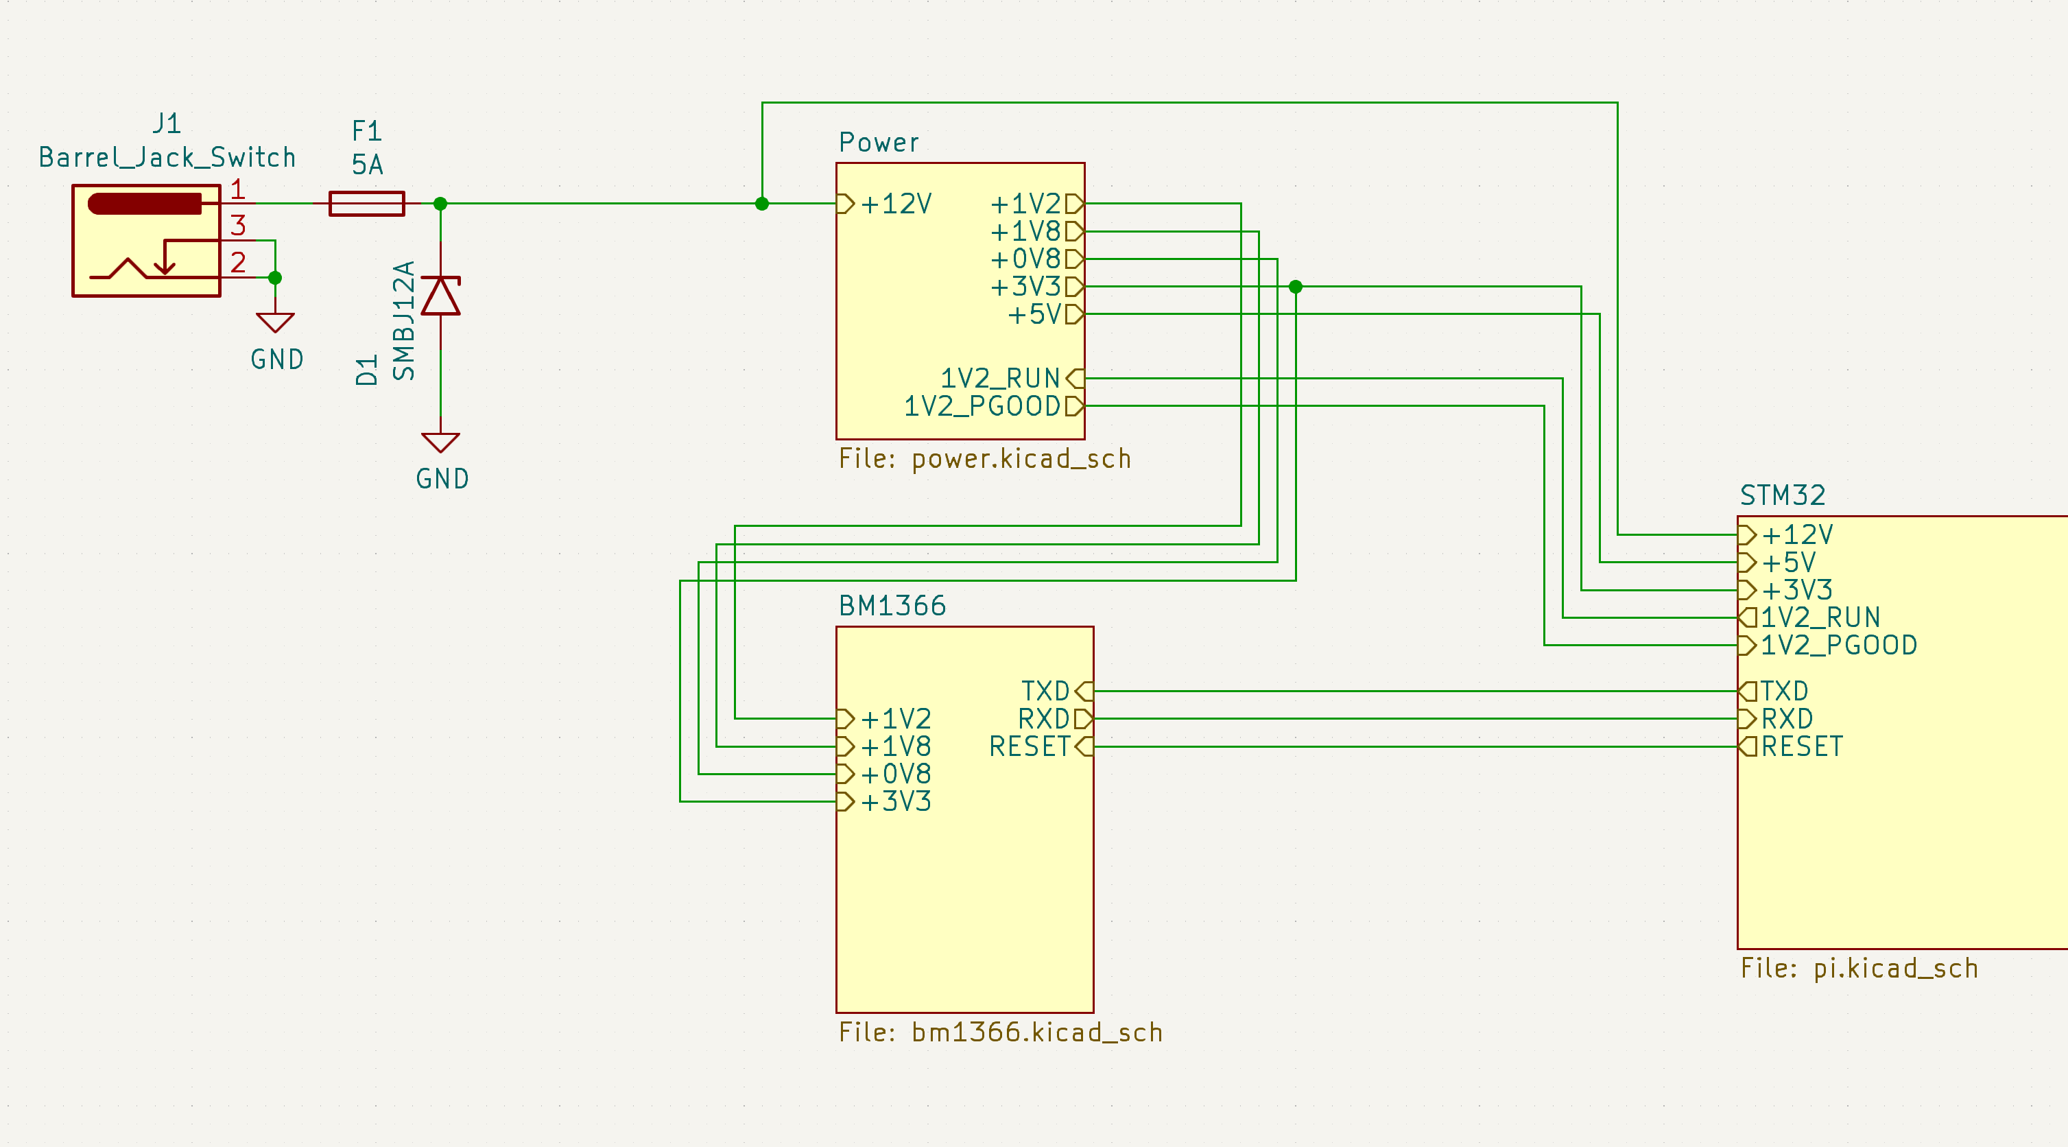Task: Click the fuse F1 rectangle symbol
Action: coord(367,204)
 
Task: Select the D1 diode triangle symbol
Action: coord(441,296)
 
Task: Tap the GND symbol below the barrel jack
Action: coord(275,322)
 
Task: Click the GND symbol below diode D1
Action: coord(441,443)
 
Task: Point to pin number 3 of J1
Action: coord(237,226)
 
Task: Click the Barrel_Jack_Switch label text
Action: coord(167,157)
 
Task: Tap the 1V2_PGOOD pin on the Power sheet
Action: coord(994,406)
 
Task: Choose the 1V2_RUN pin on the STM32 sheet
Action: coord(1809,617)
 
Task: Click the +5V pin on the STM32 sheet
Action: coord(1776,562)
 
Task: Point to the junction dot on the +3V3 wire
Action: coord(1296,287)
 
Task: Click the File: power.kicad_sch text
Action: coord(985,458)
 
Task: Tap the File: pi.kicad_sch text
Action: coord(1859,968)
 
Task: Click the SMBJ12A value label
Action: coord(404,320)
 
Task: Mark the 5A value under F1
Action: coord(368,165)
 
